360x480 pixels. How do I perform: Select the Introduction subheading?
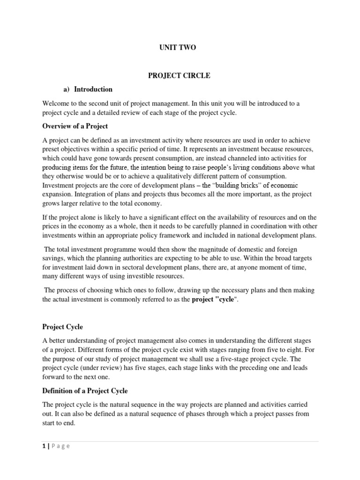pos(93,89)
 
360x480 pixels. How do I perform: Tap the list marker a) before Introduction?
pos(66,89)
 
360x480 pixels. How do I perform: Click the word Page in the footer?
pos(60,446)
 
